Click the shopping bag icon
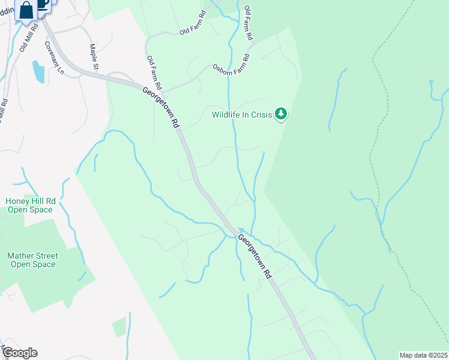point(26,10)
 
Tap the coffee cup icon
point(43,4)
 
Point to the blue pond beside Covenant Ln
point(38,71)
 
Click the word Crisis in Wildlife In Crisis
point(260,114)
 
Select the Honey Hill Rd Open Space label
point(30,205)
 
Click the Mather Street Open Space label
point(32,260)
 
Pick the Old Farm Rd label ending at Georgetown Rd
point(152,73)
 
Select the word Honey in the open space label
point(17,201)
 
